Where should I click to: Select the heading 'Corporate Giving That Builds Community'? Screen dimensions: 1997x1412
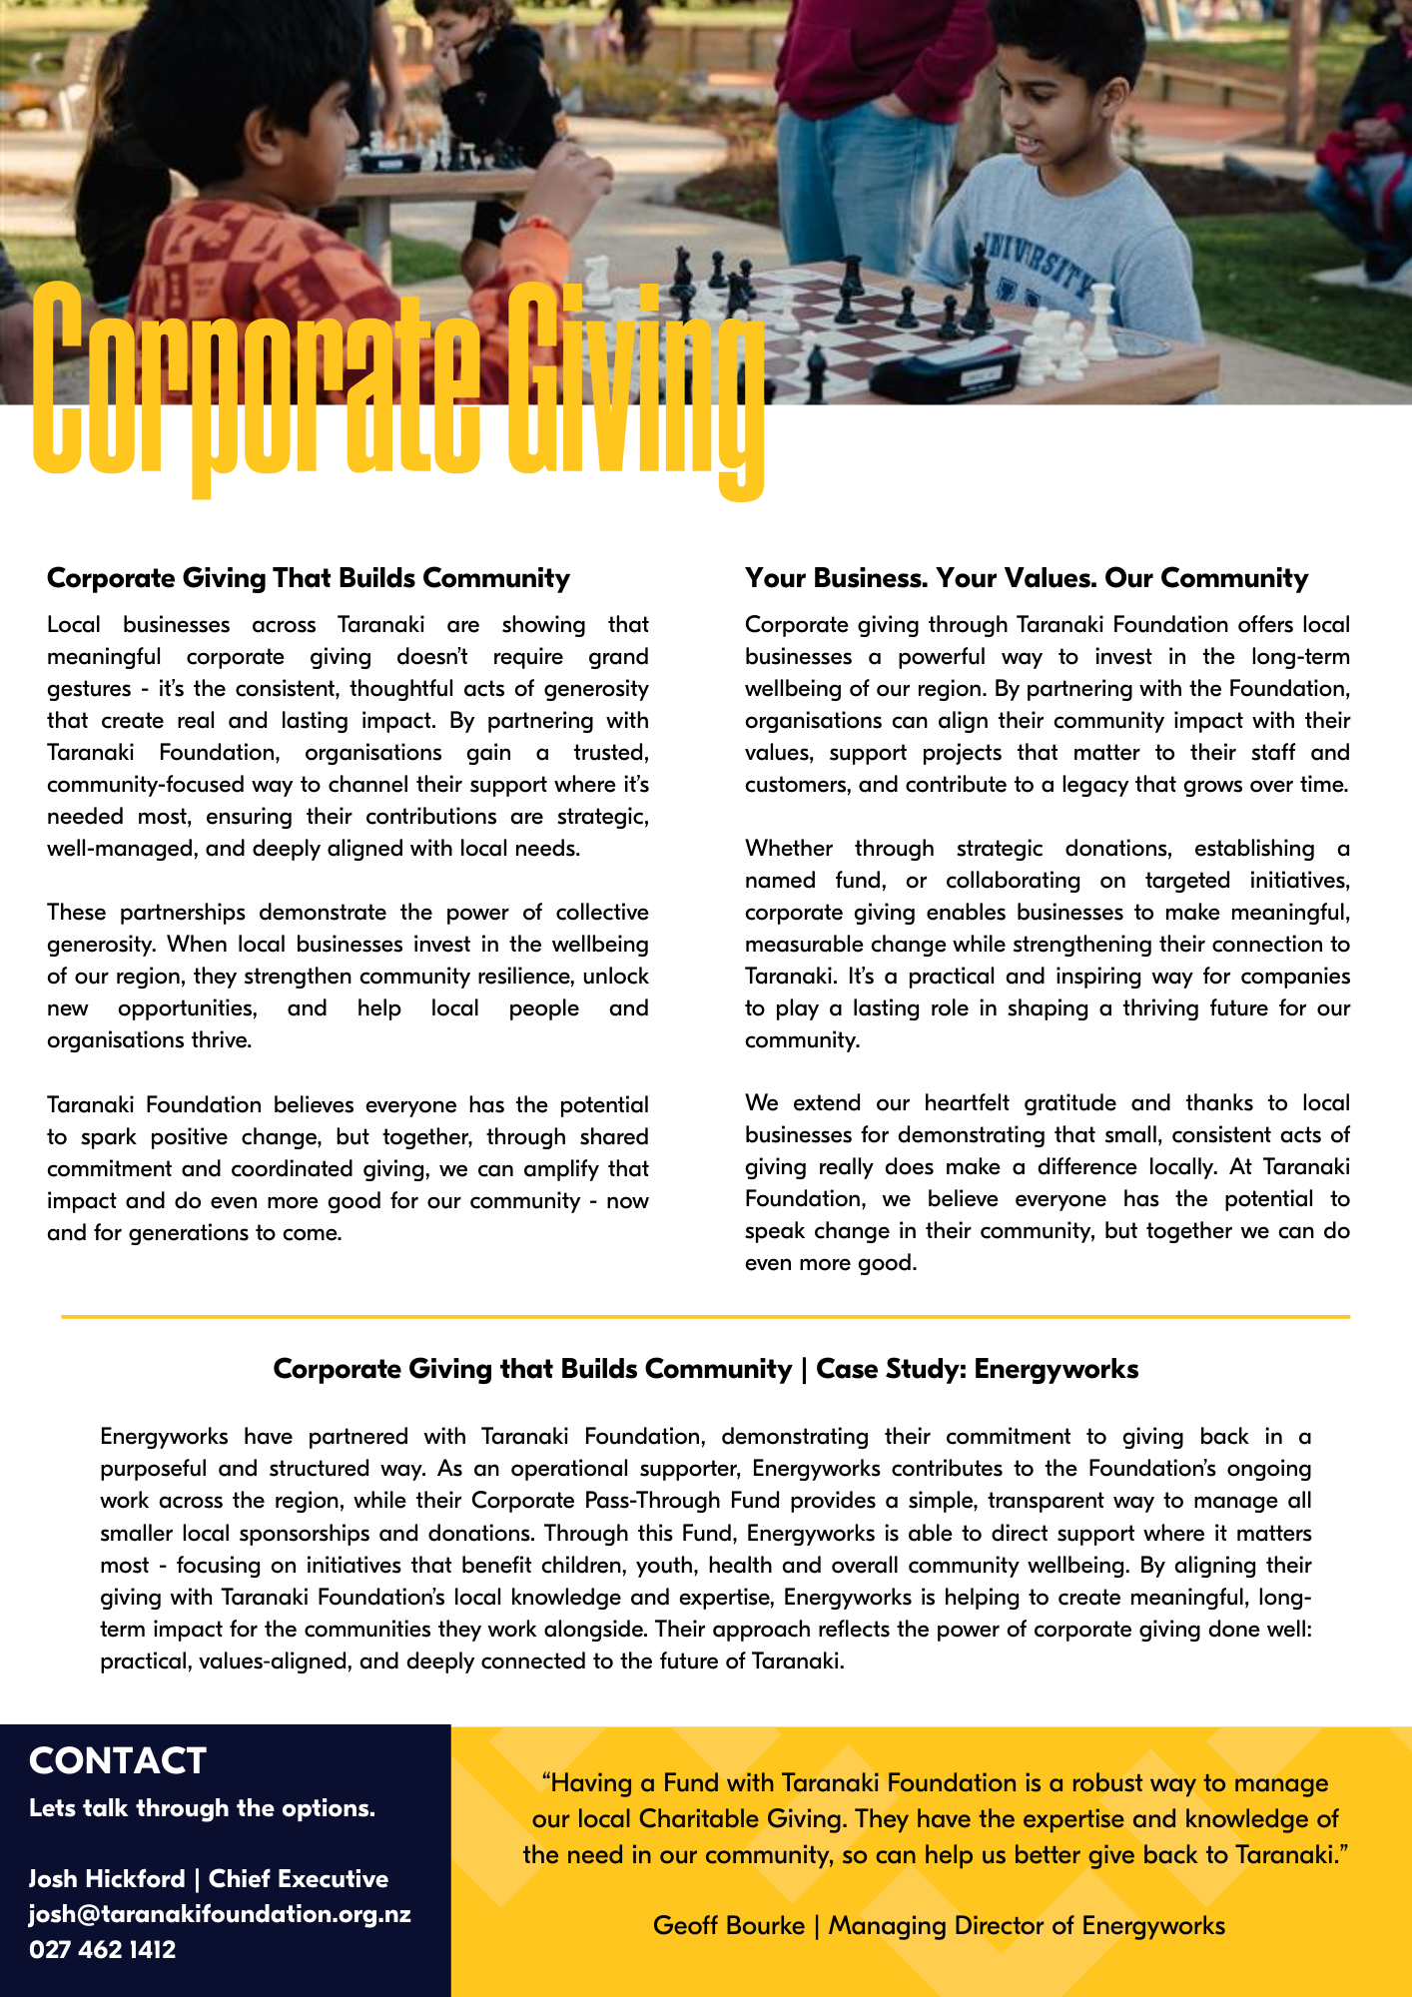309,578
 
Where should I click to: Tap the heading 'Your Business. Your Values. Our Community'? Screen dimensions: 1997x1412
1026,578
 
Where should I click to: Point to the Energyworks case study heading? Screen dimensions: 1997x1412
705,1368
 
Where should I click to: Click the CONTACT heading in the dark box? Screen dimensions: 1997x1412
118,1760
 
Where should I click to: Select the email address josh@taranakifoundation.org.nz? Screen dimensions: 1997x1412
220,1913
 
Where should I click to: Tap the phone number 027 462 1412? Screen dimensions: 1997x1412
103,1949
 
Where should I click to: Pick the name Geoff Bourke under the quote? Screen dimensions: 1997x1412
728,1925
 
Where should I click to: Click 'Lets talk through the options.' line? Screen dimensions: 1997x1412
202,1808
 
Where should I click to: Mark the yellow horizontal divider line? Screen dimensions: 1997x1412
705,1317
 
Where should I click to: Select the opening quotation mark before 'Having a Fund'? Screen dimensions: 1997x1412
546,1781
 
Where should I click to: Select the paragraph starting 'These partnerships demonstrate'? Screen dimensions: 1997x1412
348,976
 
